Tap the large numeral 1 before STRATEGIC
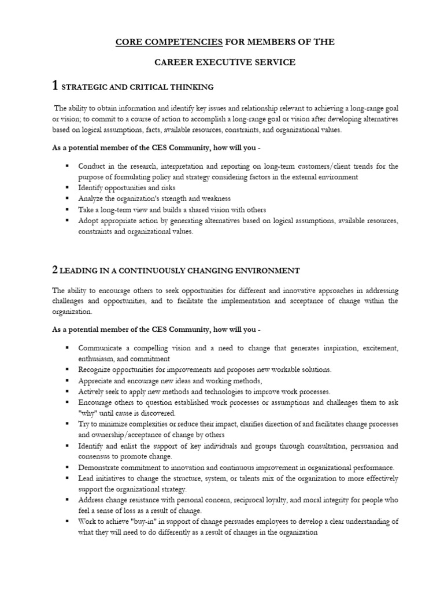pos(55,86)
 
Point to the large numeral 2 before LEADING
pos(55,270)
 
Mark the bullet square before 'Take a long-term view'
pos(67,209)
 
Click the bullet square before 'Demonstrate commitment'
pos(67,467)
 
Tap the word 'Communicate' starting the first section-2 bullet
pos(102,348)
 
